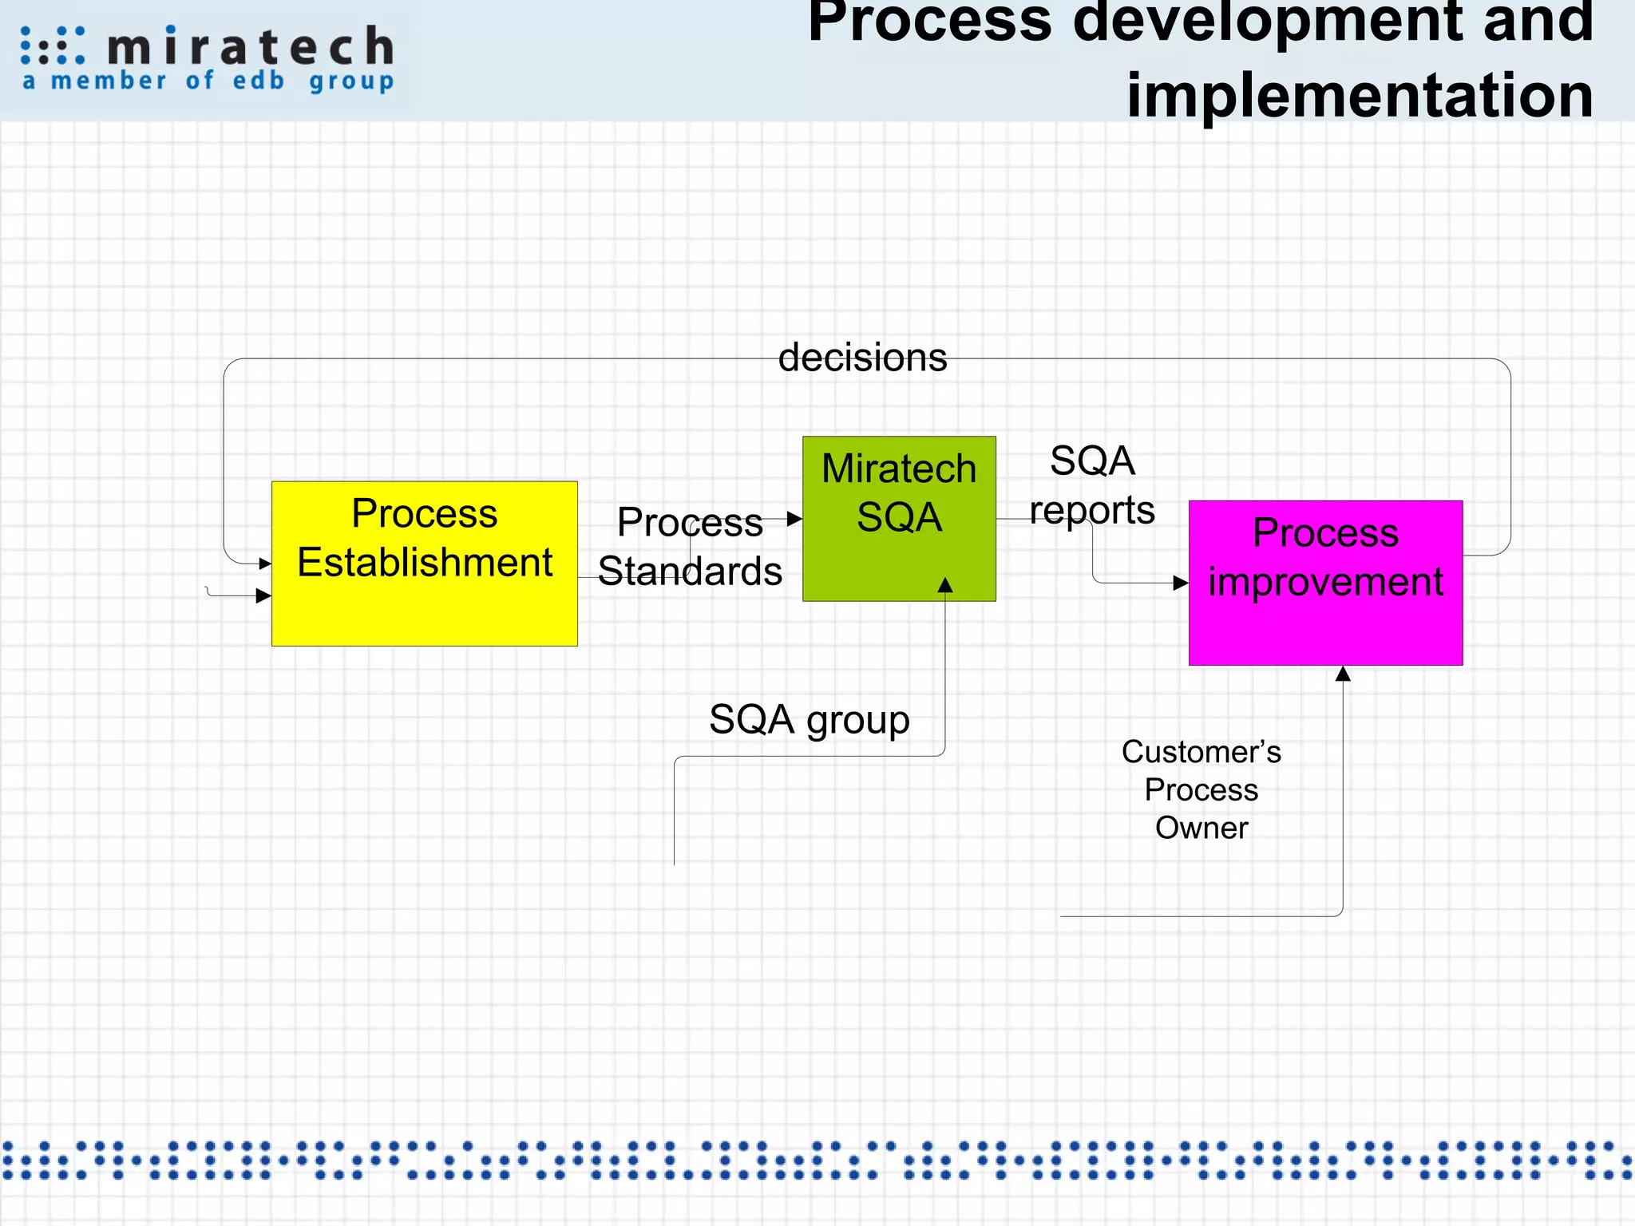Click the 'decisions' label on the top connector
[x=862, y=358]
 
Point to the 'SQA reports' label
[x=1092, y=485]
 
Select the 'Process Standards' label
[x=690, y=547]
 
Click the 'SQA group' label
[x=809, y=719]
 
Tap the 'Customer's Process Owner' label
[x=1201, y=789]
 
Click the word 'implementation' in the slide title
[x=1360, y=94]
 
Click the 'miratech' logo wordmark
[x=250, y=46]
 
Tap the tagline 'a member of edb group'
[x=208, y=81]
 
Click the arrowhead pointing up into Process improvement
[x=1343, y=674]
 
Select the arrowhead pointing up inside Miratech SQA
[x=945, y=585]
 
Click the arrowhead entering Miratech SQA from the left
[x=794, y=519]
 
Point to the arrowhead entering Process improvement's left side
[x=1181, y=583]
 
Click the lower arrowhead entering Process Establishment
[x=263, y=595]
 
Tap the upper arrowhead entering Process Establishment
[x=265, y=564]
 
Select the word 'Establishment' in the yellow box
[x=424, y=562]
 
